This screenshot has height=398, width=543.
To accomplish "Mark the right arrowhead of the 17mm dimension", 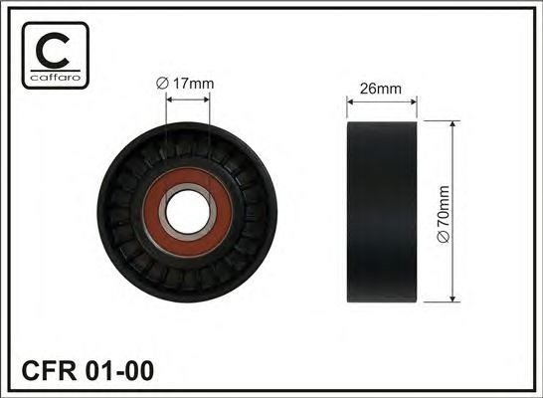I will click(207, 99).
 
